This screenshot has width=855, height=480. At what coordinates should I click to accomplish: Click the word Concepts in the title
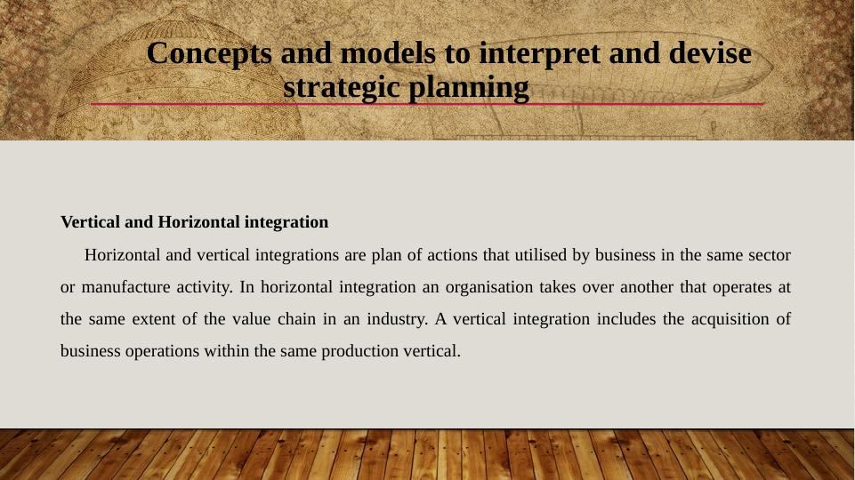tap(209, 54)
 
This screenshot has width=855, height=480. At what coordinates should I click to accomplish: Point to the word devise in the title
tap(710, 52)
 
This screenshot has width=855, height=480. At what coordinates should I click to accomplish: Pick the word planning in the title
tap(468, 88)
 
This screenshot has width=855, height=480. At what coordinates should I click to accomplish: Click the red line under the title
tap(427, 103)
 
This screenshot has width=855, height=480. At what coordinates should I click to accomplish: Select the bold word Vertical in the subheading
tap(90, 222)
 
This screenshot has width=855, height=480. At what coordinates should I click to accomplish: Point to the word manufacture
tap(125, 287)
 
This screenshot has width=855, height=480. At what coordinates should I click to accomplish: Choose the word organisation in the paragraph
tap(488, 287)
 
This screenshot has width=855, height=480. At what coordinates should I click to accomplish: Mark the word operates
tap(742, 288)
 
